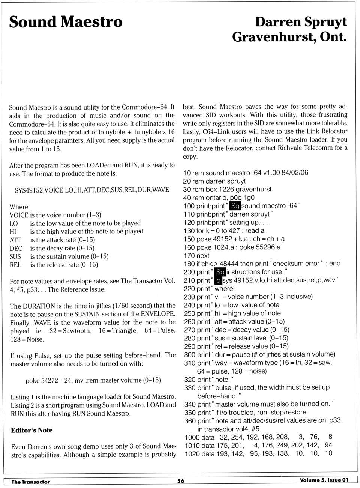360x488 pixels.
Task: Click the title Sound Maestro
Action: [66, 22]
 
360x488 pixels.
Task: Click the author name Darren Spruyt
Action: [301, 22]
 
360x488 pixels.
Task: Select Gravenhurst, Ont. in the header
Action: [289, 37]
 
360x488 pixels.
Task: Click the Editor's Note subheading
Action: [32, 430]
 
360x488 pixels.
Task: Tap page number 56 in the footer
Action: [181, 481]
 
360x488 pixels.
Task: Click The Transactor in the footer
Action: [30, 482]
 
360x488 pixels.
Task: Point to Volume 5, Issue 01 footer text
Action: [324, 480]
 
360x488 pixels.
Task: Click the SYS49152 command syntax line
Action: [92, 190]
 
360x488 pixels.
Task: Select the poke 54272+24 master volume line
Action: [93, 380]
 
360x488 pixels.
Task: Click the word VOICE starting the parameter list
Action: [19, 215]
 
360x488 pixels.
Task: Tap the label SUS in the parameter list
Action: [15, 256]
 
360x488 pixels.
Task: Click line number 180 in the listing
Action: [189, 264]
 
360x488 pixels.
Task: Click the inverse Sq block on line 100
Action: [235, 206]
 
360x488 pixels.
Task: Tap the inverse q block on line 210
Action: [219, 280]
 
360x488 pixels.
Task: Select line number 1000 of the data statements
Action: [192, 437]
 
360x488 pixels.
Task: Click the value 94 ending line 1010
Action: [328, 445]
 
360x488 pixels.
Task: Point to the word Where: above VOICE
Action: [19, 207]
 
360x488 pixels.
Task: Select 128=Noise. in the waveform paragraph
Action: [27, 339]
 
